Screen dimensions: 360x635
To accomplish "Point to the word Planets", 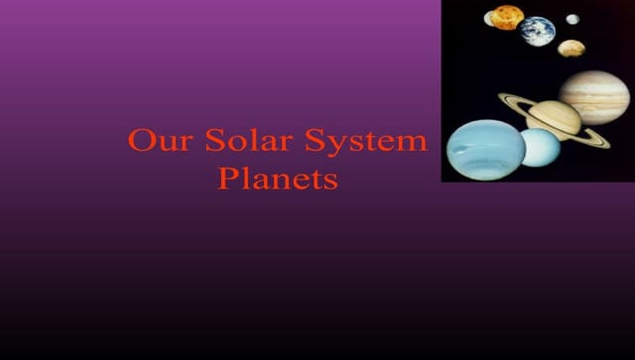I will (x=278, y=180).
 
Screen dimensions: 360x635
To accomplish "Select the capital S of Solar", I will (x=215, y=141).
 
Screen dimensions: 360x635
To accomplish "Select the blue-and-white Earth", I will (x=539, y=31).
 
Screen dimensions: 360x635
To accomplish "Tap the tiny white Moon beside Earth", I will (x=572, y=19).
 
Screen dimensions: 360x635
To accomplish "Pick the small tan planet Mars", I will (x=571, y=48).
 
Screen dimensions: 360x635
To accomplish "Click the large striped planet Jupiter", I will (x=594, y=96).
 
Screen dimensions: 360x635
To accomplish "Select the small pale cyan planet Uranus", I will (x=541, y=147).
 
